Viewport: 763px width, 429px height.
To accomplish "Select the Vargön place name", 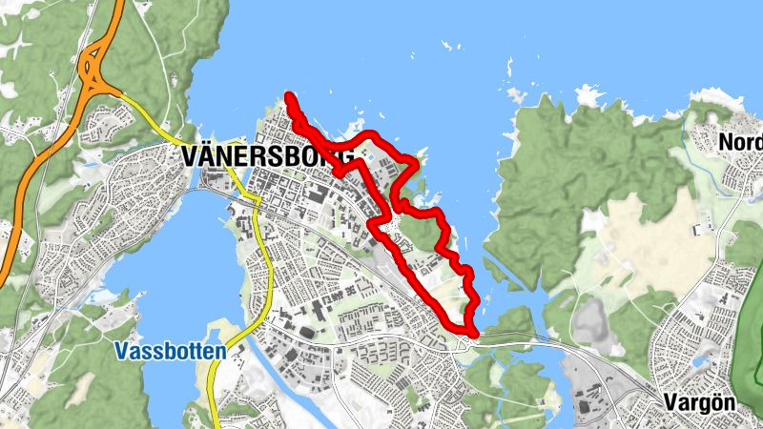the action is pyautogui.click(x=699, y=401).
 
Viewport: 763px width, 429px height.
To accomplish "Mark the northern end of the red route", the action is pyautogui.click(x=288, y=95).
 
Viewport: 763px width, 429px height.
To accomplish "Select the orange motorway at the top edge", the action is pyautogui.click(x=119, y=8).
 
